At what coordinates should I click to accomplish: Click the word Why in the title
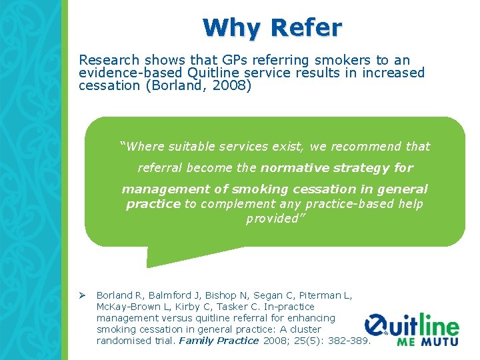click(x=233, y=28)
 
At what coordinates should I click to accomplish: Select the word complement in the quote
click(x=234, y=204)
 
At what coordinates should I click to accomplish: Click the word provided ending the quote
click(x=274, y=219)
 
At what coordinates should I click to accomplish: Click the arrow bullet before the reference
click(x=83, y=295)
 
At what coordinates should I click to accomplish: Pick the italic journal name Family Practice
click(x=219, y=341)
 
